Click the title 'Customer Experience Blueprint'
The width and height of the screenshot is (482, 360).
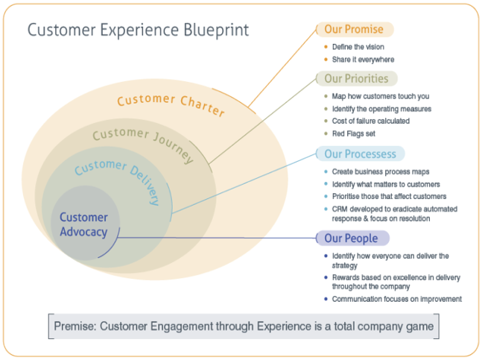point(138,31)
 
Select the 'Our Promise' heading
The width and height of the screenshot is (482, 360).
point(353,30)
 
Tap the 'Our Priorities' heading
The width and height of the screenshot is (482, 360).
point(356,78)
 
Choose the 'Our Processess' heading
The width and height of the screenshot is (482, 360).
point(360,154)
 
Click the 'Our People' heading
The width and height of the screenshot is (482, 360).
point(351,239)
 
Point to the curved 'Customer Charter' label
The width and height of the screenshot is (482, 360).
point(171,104)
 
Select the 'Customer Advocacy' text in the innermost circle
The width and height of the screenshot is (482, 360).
point(83,224)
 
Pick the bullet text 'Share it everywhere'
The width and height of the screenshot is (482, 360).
point(363,60)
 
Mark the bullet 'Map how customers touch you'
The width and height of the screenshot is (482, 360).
point(380,96)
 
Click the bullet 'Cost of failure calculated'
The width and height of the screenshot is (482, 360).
point(371,121)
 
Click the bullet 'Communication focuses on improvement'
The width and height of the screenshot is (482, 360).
point(396,299)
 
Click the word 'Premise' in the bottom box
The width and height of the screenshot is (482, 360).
point(75,326)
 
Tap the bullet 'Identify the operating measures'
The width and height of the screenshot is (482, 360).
point(381,109)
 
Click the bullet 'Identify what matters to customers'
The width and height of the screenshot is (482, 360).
point(386,184)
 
